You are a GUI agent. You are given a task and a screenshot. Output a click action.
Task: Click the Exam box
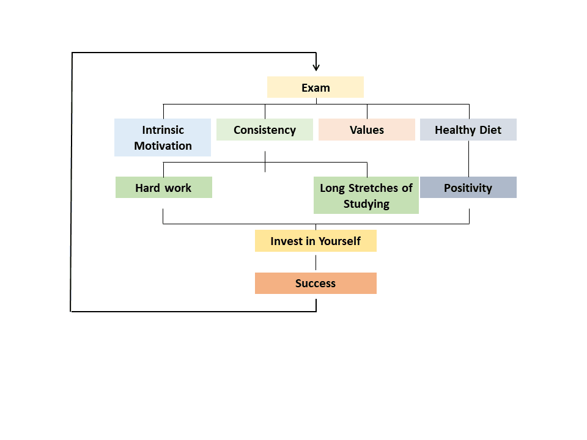point(316,87)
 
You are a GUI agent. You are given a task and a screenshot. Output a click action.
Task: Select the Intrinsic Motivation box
point(163,137)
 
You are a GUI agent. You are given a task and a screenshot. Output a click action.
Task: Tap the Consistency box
point(265,130)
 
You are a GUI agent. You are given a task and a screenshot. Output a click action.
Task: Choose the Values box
point(367,130)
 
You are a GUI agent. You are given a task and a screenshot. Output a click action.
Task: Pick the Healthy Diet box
point(468,130)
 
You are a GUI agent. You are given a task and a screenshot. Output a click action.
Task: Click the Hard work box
point(163,188)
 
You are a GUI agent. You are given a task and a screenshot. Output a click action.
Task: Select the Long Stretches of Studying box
point(366,196)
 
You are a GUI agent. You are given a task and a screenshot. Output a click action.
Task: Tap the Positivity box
point(468,188)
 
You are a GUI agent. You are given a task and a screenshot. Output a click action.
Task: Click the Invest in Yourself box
point(316,241)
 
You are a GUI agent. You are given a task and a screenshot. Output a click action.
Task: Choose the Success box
point(316,283)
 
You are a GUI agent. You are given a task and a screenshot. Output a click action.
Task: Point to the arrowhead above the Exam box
point(316,67)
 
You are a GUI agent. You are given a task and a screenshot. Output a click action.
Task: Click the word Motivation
point(163,146)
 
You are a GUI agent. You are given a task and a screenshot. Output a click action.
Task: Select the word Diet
point(490,130)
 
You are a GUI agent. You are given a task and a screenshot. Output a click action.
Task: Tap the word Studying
point(366,204)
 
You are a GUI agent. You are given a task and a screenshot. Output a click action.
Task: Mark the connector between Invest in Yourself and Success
point(316,262)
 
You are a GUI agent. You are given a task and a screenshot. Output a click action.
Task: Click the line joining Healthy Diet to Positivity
point(469,158)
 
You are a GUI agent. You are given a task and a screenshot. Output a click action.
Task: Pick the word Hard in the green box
point(147,188)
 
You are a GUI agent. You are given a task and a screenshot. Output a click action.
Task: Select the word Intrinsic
point(163,130)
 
